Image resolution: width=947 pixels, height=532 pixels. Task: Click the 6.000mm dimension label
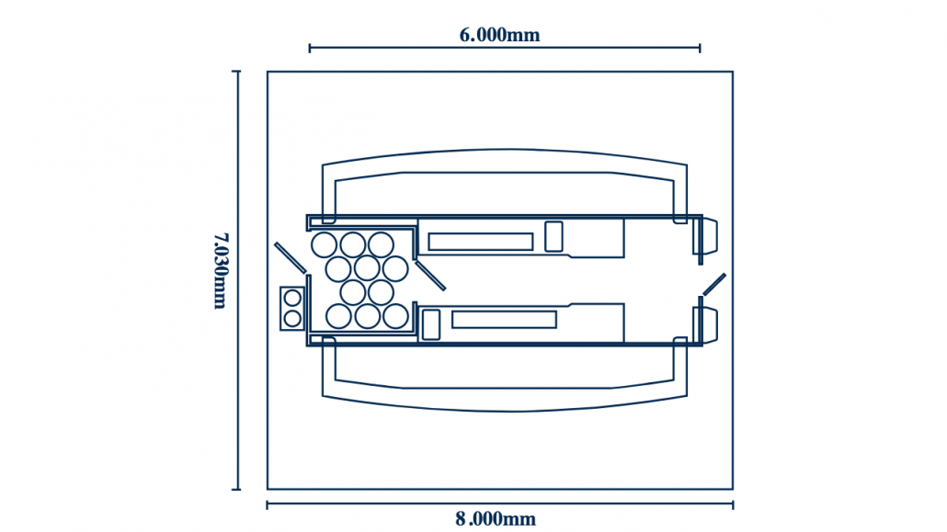(499, 35)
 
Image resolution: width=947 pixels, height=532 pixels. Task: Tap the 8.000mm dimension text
(496, 519)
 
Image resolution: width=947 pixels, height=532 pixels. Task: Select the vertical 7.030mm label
(220, 270)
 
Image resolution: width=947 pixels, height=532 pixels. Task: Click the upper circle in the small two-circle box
(292, 298)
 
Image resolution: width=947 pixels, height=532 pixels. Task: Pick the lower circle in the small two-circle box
(292, 318)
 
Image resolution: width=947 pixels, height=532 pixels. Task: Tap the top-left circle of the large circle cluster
(325, 244)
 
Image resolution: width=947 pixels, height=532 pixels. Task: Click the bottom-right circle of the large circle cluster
(395, 316)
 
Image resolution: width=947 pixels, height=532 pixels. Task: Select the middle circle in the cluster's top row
(353, 244)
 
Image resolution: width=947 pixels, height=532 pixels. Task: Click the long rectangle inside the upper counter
(480, 242)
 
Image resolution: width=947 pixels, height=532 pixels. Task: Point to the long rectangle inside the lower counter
(504, 320)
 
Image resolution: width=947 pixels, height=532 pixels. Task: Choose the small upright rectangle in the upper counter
(553, 236)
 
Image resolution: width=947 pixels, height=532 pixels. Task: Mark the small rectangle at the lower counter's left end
(430, 324)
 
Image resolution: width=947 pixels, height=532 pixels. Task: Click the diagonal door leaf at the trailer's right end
(713, 284)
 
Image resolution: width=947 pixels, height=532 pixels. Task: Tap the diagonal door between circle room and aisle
(430, 276)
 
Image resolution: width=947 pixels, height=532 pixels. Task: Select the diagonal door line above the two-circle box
(290, 257)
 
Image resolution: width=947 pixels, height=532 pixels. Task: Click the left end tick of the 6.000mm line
(310, 48)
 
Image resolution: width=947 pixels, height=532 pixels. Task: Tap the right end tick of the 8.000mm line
(733, 504)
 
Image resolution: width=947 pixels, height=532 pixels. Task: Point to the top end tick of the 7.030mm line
(237, 72)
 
